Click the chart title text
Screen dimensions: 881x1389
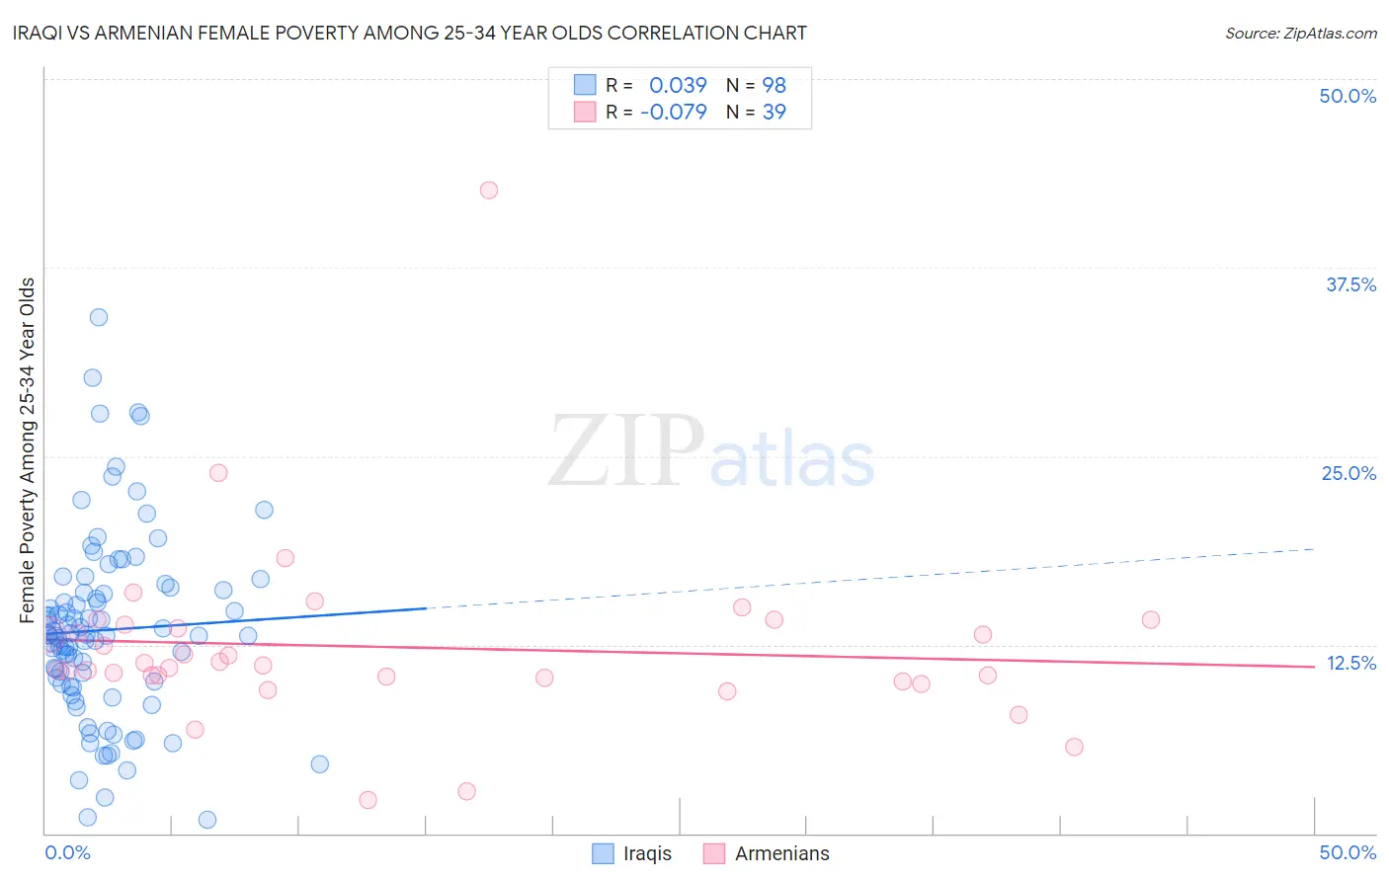410,34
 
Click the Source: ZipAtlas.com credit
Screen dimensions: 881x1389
1300,34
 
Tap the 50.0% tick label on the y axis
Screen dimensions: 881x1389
1348,96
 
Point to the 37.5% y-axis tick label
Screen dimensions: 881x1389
1350,284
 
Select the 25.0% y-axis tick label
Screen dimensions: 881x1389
1348,473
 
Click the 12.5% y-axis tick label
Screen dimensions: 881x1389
1350,663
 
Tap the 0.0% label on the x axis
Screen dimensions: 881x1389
68,852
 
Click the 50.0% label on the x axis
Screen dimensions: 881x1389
1348,852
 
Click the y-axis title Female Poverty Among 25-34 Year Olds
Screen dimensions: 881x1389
28,450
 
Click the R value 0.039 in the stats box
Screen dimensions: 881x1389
678,86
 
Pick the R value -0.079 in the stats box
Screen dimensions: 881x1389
674,112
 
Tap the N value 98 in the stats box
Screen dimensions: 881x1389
774,86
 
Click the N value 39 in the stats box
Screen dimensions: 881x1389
774,112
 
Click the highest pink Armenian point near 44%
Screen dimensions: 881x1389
488,190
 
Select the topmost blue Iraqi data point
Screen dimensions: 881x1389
99,317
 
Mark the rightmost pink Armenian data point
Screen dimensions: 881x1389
1150,619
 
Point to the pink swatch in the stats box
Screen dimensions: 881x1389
585,112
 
